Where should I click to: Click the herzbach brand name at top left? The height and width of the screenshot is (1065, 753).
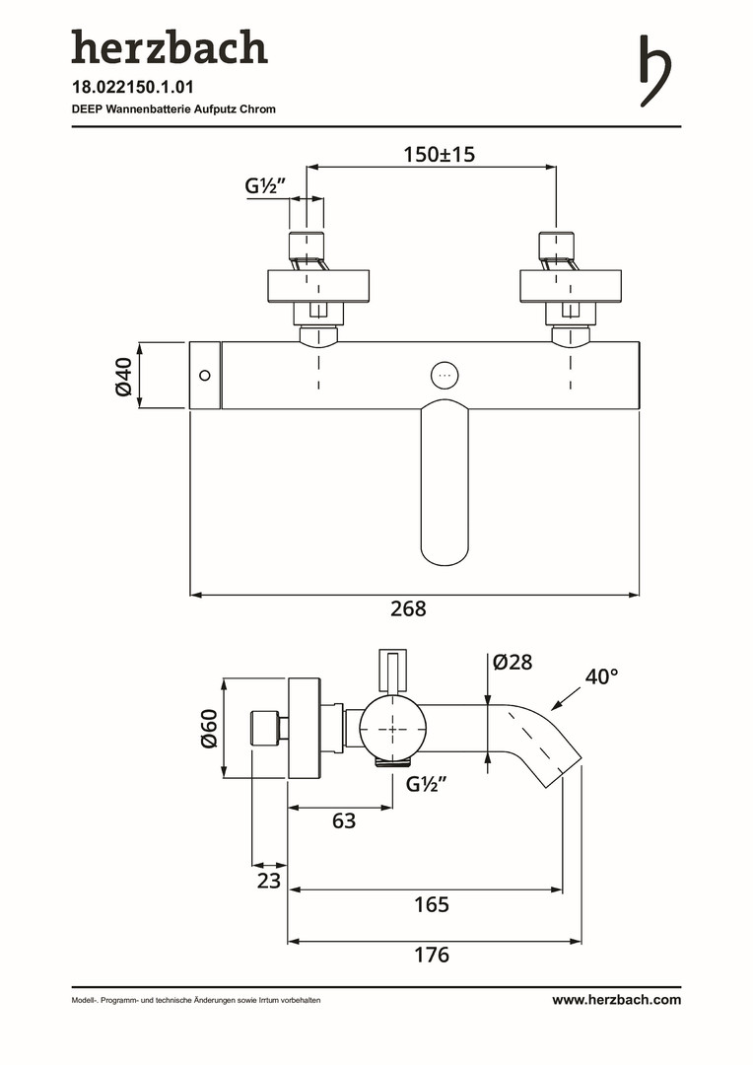(169, 48)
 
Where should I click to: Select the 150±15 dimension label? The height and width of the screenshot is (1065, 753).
(440, 155)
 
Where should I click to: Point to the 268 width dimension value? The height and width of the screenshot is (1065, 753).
(408, 609)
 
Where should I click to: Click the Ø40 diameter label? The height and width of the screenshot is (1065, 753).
(123, 376)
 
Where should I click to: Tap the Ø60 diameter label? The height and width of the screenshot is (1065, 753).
(208, 728)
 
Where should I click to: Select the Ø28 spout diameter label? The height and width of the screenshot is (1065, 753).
(513, 662)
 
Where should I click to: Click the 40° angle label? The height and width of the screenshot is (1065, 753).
(601, 677)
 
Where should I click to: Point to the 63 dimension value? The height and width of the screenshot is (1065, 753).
(343, 819)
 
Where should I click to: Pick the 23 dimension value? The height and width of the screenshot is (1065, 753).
(269, 881)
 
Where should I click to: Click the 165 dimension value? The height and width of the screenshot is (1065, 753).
(431, 903)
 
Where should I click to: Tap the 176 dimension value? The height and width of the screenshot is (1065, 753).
(432, 955)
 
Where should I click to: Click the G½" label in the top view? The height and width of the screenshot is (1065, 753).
(265, 186)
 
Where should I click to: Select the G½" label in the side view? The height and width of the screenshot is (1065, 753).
(428, 785)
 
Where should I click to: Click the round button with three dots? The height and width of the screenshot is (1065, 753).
(445, 375)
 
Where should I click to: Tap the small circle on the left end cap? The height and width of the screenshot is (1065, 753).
(205, 375)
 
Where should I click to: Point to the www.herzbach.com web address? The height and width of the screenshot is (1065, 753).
(616, 1000)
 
